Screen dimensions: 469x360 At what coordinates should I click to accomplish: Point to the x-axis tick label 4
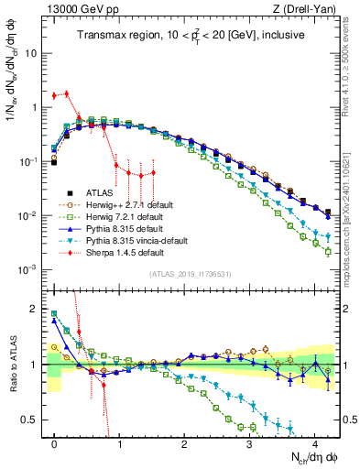[314, 443]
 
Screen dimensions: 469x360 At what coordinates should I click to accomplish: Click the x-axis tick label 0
[55, 443]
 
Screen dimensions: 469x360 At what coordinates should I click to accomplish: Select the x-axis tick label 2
[184, 443]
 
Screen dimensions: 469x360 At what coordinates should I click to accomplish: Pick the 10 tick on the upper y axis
[31, 53]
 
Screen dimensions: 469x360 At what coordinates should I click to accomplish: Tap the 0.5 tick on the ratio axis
[29, 420]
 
